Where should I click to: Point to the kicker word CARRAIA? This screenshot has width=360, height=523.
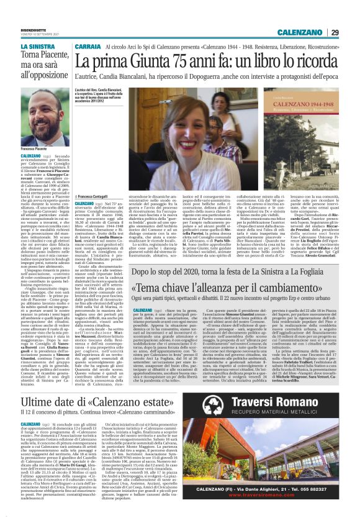click(x=89, y=47)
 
